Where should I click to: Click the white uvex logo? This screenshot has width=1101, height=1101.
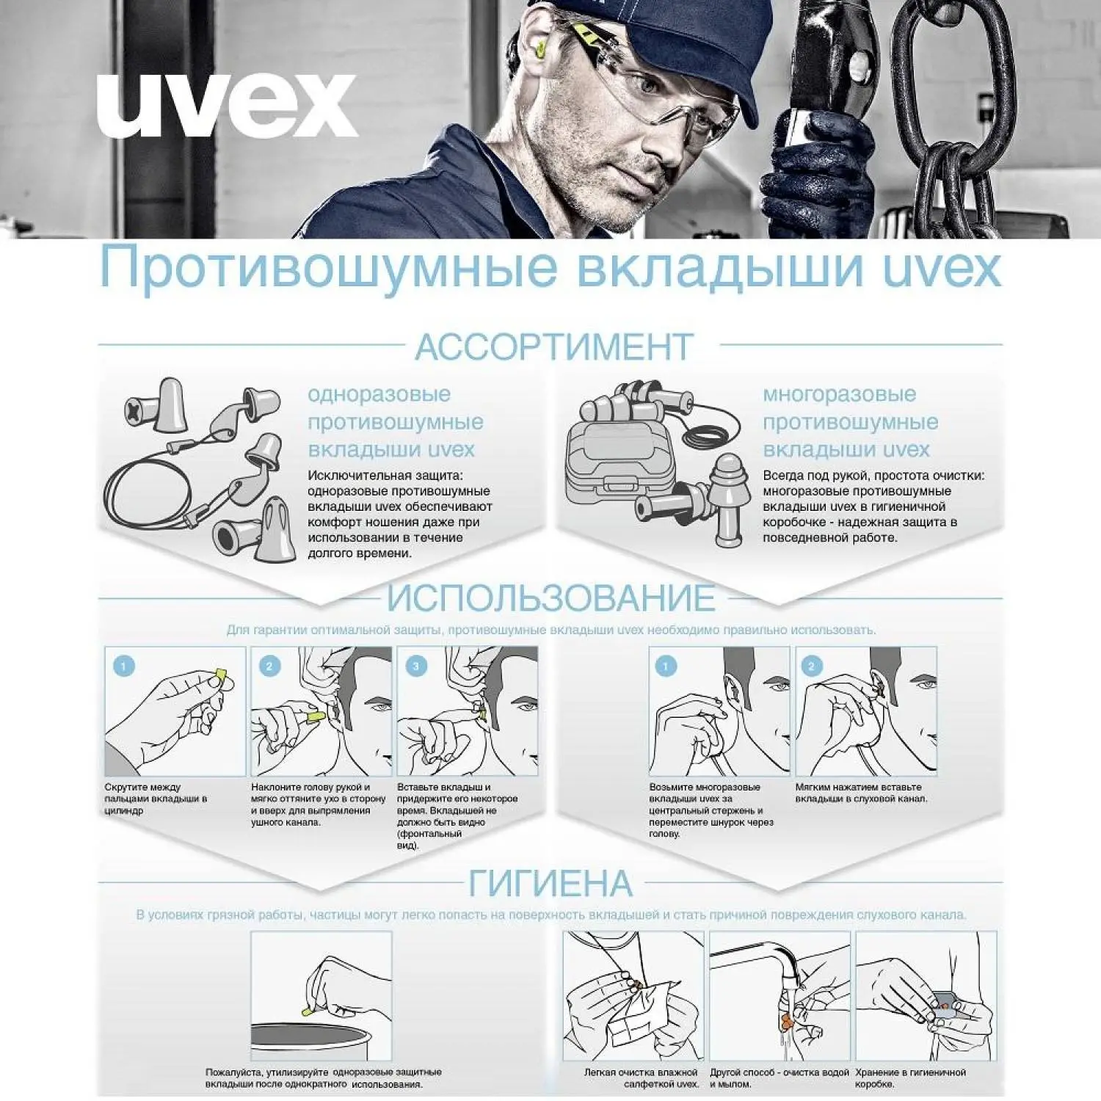[227, 105]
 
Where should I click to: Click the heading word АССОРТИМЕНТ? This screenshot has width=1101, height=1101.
[554, 346]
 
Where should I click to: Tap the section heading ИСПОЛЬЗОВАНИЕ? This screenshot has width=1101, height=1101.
[551, 598]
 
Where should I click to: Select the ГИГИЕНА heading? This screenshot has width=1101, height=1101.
[550, 883]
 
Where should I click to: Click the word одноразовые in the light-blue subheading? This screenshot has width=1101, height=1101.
[379, 394]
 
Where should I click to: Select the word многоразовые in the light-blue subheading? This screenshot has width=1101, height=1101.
[839, 394]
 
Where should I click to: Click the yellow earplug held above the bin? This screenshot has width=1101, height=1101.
[308, 1011]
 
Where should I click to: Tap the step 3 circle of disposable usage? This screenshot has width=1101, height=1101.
[416, 666]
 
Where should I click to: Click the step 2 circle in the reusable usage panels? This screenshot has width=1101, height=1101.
[811, 666]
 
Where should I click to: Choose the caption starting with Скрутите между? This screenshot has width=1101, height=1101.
[156, 799]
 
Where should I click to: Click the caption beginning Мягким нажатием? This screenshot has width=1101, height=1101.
[861, 793]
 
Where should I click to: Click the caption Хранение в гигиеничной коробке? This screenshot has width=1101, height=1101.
[910, 1078]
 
